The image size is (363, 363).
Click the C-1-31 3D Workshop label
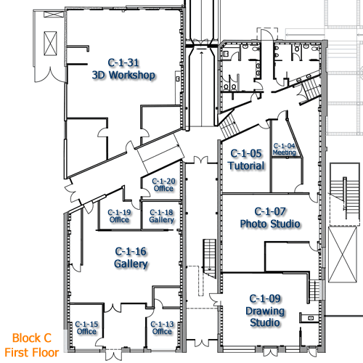[x=123, y=69]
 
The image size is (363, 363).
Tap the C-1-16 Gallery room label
[x=131, y=258]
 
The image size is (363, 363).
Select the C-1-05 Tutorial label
[x=246, y=160]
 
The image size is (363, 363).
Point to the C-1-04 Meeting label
[x=285, y=149]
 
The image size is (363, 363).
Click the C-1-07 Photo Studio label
[x=270, y=218]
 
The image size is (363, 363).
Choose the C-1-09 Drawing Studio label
[x=265, y=311]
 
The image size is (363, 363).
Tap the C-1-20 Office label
[x=163, y=184]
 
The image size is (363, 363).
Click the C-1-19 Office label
[x=119, y=216]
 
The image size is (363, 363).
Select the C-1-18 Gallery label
[x=161, y=216]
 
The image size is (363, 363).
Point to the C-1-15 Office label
[x=86, y=327]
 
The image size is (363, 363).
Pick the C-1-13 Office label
[x=162, y=327]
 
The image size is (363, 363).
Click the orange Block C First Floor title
[x=32, y=345]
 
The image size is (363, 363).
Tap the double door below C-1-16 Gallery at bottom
[x=114, y=354]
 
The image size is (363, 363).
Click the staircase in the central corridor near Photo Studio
[x=210, y=258]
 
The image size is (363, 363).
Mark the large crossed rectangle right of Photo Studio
[x=343, y=254]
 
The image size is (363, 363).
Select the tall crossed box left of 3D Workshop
[x=50, y=44]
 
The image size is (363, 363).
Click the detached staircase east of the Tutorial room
[x=345, y=195]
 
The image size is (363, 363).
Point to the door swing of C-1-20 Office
[x=146, y=192]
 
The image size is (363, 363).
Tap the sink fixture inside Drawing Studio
[x=311, y=318]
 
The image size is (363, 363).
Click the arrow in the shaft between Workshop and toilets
[x=201, y=87]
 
